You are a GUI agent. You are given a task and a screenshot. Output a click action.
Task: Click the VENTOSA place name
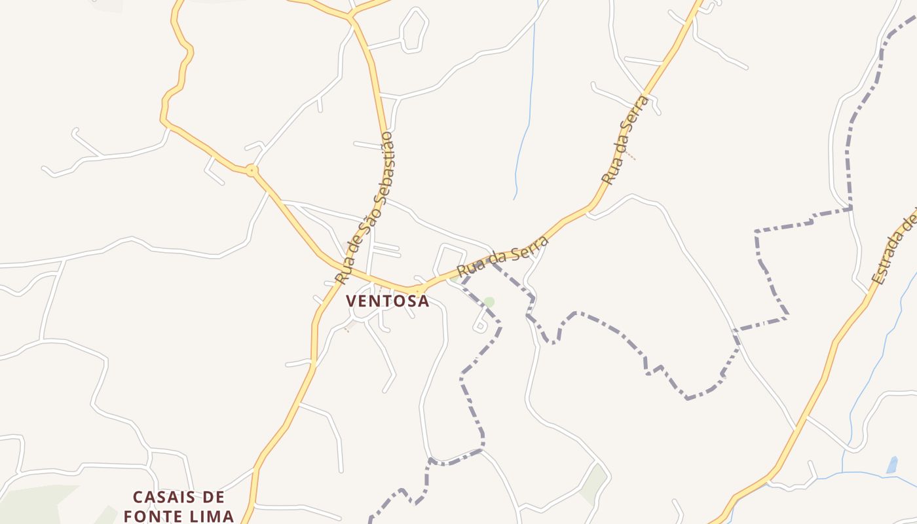387,301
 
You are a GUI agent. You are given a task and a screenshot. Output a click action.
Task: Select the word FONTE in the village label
153,515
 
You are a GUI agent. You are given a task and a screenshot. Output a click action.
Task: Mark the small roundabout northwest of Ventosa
252,171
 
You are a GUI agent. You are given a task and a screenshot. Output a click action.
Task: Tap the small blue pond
891,465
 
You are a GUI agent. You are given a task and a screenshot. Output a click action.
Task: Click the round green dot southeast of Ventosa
489,302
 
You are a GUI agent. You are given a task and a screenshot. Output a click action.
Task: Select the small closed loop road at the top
413,29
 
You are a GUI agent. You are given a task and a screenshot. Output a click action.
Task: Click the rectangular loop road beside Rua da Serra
450,259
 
